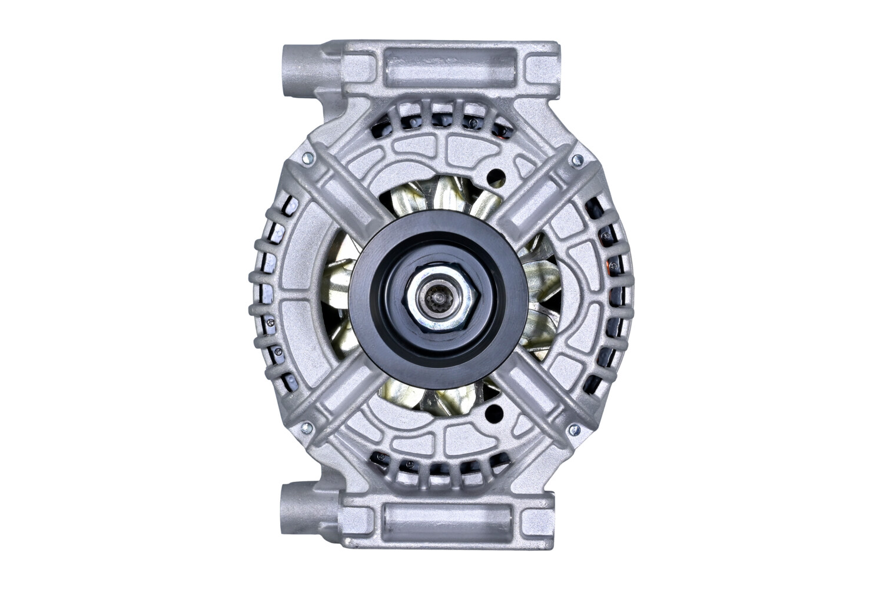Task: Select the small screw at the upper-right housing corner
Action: click(577, 158)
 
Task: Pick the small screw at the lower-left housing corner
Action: click(304, 428)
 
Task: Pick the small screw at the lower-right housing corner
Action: click(571, 431)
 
